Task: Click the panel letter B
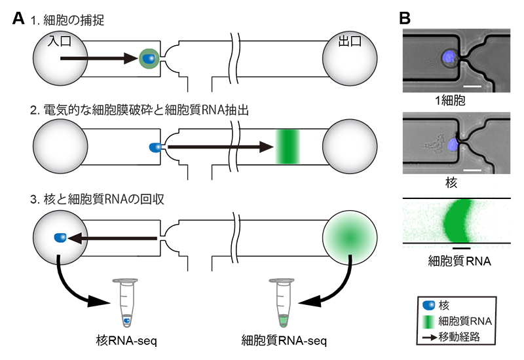405,19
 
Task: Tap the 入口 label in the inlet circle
60,41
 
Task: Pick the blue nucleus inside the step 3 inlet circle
60,237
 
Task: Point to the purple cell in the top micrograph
449,58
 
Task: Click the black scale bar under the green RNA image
460,248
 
